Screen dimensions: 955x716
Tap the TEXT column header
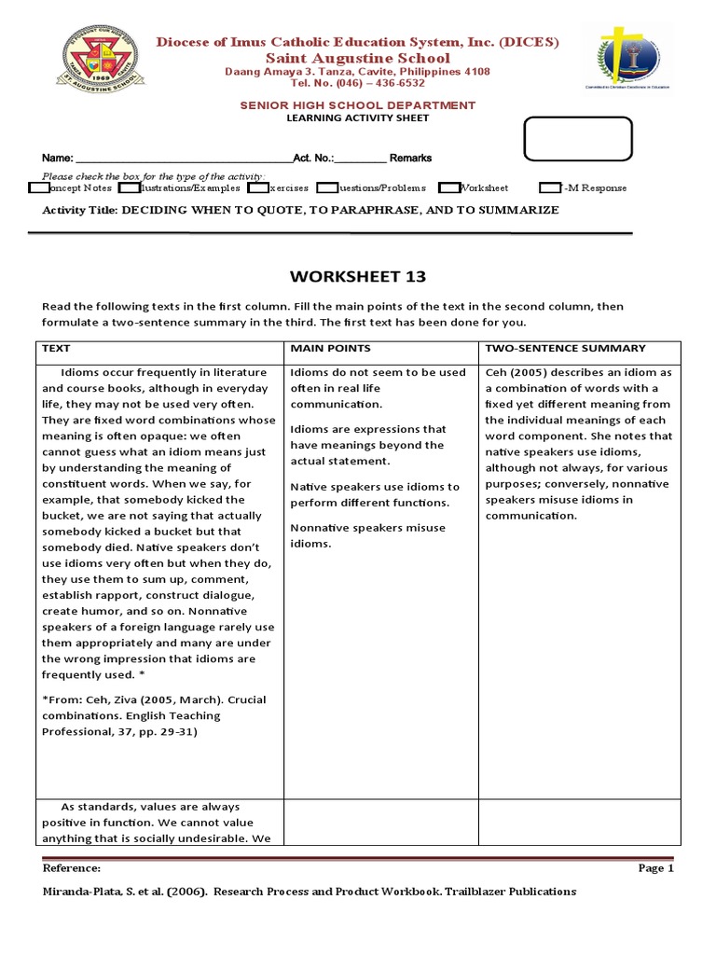click(x=57, y=348)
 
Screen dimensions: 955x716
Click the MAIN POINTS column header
click(x=330, y=348)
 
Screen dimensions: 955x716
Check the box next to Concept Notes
click(x=39, y=187)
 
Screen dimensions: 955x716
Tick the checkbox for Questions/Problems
click(x=327, y=187)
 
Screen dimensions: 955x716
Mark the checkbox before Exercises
click(x=258, y=187)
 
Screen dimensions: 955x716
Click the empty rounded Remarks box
click(x=578, y=140)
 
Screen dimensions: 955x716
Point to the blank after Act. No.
click(x=360, y=159)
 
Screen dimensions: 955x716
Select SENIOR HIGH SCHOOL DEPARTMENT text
click(x=357, y=105)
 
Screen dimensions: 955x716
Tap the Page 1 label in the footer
click(x=655, y=868)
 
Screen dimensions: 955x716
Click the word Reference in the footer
click(x=72, y=868)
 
